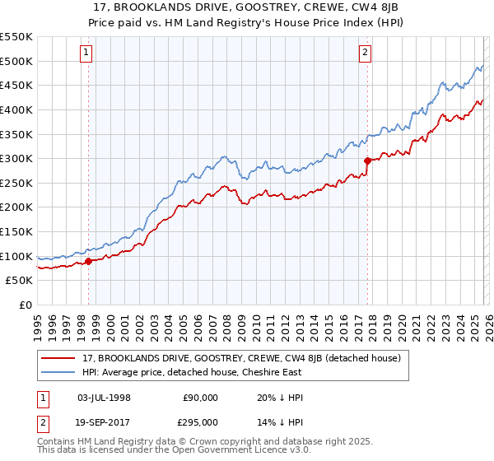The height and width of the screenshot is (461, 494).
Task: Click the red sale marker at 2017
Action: [367, 161]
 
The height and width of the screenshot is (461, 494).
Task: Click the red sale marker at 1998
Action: [88, 261]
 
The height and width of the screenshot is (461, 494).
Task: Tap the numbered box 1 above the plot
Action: [87, 54]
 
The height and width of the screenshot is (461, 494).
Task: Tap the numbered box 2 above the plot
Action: [366, 54]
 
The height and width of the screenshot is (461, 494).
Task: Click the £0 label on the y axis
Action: [25, 305]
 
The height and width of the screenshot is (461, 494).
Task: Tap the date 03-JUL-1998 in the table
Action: [104, 397]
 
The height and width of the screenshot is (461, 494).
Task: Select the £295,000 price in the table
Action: [200, 421]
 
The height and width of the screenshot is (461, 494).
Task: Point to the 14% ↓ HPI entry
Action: [275, 421]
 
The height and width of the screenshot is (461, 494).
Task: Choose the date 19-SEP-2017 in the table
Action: [104, 421]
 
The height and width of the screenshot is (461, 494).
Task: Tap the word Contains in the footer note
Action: [58, 442]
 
